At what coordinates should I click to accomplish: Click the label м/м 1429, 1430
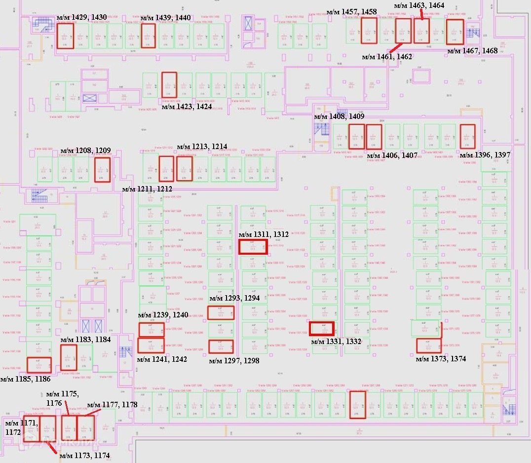82,18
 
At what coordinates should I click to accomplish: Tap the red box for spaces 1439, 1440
148,36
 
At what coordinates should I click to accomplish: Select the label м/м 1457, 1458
352,12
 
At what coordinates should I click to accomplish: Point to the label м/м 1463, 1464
419,5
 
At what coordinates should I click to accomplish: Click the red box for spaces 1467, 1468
455,32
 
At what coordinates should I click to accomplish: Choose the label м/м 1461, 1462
387,57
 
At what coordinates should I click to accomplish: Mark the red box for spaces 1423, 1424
169,84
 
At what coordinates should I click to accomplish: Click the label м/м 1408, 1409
339,117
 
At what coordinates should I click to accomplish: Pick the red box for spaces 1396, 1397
467,136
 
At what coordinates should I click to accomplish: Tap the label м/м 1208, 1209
85,151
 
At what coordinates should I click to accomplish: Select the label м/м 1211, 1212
147,189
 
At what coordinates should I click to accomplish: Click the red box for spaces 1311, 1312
253,247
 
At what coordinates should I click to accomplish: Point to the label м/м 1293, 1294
234,298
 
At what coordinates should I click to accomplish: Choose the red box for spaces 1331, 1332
322,328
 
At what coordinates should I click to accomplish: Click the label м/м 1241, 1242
162,359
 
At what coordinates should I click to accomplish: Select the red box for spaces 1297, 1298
221,347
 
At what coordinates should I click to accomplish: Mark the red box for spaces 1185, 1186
38,364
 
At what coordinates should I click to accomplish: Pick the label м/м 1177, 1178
112,405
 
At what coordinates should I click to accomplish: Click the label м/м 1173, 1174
84,456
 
